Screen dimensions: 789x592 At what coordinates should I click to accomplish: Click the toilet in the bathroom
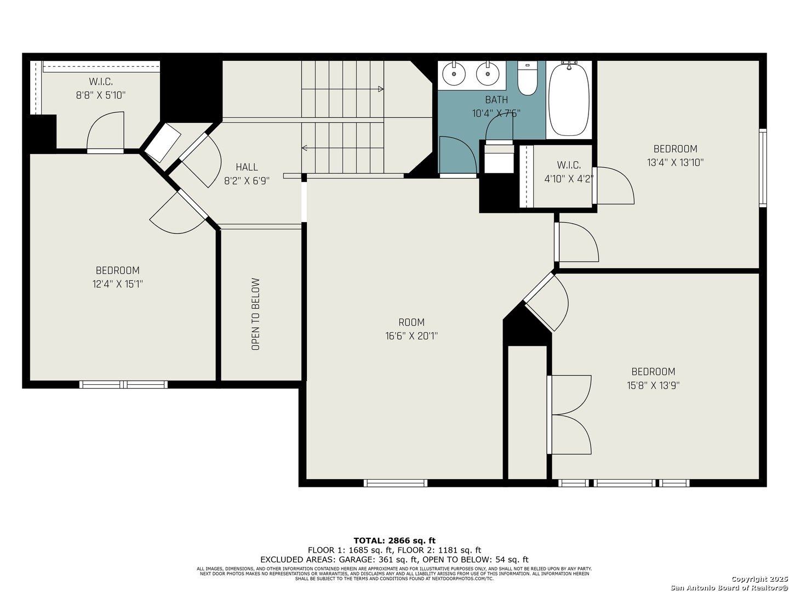(527, 78)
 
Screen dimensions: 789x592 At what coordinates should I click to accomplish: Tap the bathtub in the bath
(569, 99)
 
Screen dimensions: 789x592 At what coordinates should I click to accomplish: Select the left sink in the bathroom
(454, 73)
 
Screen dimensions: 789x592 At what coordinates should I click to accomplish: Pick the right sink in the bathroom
(488, 73)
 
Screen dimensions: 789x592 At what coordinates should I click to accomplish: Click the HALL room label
(247, 167)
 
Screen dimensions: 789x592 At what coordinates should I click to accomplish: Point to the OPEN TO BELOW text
(255, 314)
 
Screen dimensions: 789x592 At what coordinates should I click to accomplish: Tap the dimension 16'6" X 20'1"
(411, 336)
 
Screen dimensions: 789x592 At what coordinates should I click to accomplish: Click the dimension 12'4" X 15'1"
(117, 284)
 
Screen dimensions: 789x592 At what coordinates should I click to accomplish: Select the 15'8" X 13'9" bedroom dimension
(653, 386)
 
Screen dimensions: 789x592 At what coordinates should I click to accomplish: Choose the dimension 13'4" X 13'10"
(675, 163)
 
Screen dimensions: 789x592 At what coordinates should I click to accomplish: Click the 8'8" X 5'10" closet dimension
(101, 95)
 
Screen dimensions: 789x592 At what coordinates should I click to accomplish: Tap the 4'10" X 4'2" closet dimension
(569, 179)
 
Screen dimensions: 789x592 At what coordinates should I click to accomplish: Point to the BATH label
(496, 100)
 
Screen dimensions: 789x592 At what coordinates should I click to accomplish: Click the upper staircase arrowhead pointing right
(381, 89)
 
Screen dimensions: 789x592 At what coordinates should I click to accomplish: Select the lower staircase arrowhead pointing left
(304, 148)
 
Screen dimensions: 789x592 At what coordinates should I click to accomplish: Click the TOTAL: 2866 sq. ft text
(395, 540)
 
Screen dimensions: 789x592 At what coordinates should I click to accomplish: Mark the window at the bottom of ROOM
(395, 483)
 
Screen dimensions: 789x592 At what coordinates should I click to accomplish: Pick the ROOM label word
(411, 322)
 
